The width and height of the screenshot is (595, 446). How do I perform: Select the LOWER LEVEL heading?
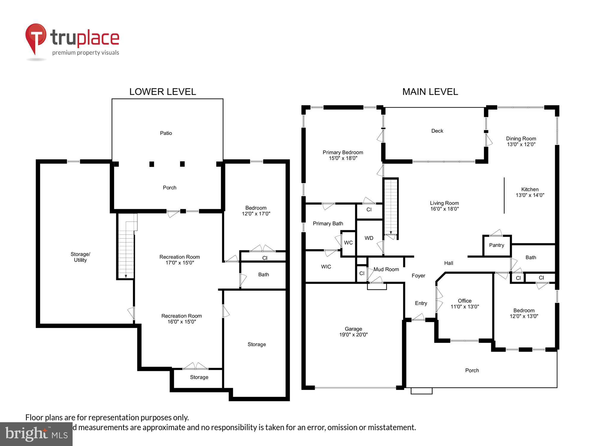click(x=162, y=92)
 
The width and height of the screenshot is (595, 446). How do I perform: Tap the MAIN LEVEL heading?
click(x=430, y=92)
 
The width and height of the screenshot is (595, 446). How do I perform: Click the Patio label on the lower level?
click(x=166, y=133)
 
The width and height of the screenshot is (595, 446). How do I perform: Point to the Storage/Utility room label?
click(x=80, y=257)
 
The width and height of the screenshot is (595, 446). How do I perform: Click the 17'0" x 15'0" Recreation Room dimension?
click(x=180, y=263)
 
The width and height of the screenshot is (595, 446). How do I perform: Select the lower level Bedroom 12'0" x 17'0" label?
click(x=256, y=211)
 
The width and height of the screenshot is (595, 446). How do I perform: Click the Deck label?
click(x=437, y=131)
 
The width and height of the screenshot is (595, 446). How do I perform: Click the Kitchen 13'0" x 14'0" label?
click(x=530, y=192)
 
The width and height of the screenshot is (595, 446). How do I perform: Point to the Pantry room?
click(x=497, y=245)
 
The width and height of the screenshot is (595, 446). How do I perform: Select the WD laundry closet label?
click(x=369, y=238)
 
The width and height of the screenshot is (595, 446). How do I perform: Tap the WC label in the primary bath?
click(x=348, y=243)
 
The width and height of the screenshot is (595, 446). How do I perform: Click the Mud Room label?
click(x=386, y=269)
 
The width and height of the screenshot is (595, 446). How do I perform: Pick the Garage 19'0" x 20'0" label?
click(x=353, y=332)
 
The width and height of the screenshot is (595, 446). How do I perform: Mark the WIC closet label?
click(x=326, y=267)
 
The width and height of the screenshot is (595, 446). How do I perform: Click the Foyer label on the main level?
click(x=418, y=276)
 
